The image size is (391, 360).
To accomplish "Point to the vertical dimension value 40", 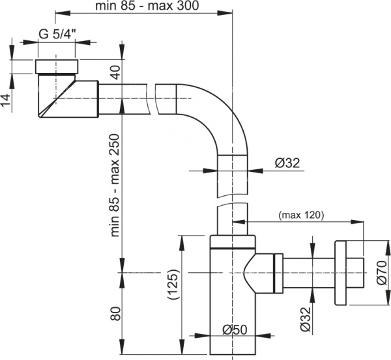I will [115, 72].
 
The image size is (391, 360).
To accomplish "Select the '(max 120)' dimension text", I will [301, 214].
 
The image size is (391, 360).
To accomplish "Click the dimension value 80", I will [115, 314].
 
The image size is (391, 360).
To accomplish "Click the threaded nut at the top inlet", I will [57, 67].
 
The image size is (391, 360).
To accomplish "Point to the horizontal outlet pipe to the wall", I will [306, 272].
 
